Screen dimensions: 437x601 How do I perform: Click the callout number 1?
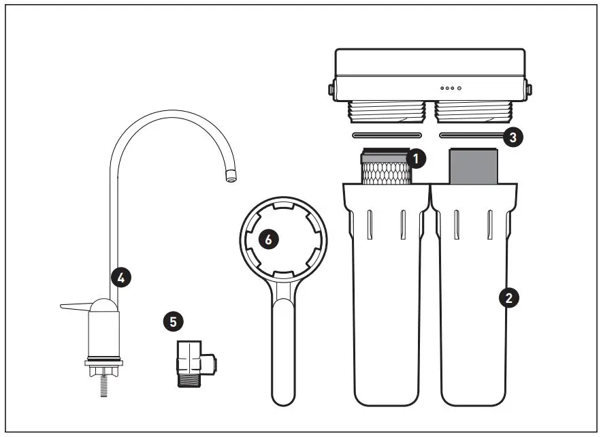pos(415,159)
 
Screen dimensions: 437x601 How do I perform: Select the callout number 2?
pos(507,297)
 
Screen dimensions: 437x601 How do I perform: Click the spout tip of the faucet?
pos(231,178)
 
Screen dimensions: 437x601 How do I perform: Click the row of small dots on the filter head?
pos(451,88)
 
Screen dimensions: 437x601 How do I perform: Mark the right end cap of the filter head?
pos(529,89)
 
